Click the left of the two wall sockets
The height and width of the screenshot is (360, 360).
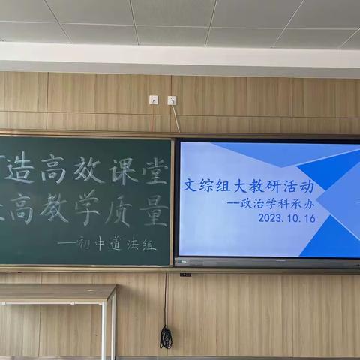point(154,100)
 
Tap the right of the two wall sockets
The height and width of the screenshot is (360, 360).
point(172,100)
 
